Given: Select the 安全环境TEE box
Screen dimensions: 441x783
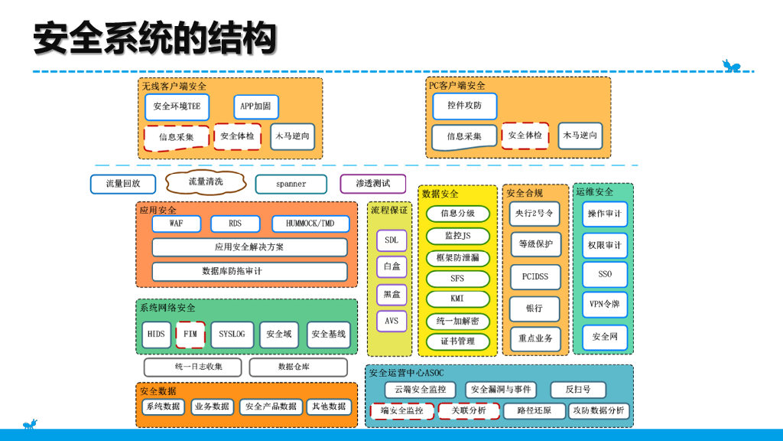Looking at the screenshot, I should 177,106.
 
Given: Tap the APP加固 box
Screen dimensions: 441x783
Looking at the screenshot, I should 256,106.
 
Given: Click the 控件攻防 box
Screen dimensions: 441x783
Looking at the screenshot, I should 464,106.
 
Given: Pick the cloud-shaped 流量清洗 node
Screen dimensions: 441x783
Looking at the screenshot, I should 206,181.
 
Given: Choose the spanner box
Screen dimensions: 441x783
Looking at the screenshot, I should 291,184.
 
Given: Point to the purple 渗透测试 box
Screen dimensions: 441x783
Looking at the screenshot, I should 372,184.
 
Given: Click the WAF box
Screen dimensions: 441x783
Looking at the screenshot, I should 177,224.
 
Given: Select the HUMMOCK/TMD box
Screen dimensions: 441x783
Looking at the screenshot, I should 310,224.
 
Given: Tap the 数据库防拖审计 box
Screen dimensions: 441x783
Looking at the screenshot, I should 249,271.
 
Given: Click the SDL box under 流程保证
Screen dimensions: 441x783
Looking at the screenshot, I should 391,240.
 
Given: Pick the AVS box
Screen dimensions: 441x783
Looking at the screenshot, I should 391,321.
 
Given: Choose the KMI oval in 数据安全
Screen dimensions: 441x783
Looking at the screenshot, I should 457,299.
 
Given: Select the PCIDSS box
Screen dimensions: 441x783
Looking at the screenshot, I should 535,276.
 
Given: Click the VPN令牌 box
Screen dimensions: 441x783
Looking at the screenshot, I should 604,304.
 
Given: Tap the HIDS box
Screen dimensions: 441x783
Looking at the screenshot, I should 156,335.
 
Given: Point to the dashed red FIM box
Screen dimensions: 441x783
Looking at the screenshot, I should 190,335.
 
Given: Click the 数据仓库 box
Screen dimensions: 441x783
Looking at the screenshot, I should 297,367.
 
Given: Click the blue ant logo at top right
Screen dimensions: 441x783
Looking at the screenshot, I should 731,66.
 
